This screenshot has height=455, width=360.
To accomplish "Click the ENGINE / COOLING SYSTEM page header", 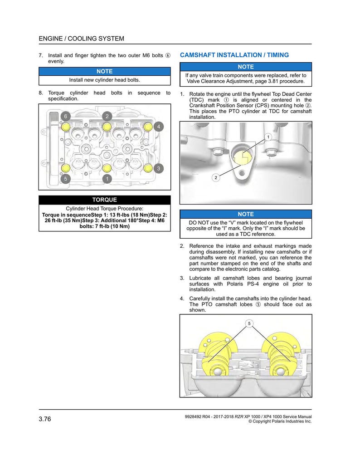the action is [x=82, y=39].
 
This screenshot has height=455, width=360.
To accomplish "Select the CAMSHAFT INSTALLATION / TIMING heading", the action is [x=234, y=55].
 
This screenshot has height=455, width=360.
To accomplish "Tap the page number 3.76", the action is [x=45, y=419].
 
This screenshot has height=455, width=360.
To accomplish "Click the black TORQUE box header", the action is [x=105, y=200].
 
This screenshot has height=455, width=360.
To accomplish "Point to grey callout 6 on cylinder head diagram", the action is [x=66, y=117].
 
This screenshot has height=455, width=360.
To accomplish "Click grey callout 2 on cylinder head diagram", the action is [x=107, y=117].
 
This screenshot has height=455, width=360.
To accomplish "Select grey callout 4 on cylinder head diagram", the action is [x=158, y=127].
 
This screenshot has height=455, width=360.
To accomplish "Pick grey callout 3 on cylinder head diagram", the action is [x=158, y=168].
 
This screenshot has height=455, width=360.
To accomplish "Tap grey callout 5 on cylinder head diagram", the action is [x=66, y=179].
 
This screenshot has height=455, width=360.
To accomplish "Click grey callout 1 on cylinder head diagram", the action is [x=107, y=179].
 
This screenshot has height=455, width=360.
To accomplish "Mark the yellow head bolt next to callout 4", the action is [x=148, y=127].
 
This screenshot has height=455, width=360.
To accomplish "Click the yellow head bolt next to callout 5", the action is [x=66, y=168].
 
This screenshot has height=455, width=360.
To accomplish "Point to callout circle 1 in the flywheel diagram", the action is [x=268, y=137].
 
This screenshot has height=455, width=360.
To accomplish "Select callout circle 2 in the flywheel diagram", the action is [x=216, y=177].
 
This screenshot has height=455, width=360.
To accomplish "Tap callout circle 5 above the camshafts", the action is [x=249, y=323].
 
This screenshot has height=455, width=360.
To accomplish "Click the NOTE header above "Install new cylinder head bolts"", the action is [x=105, y=72].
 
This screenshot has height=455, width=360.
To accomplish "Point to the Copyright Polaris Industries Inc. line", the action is [x=280, y=421].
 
